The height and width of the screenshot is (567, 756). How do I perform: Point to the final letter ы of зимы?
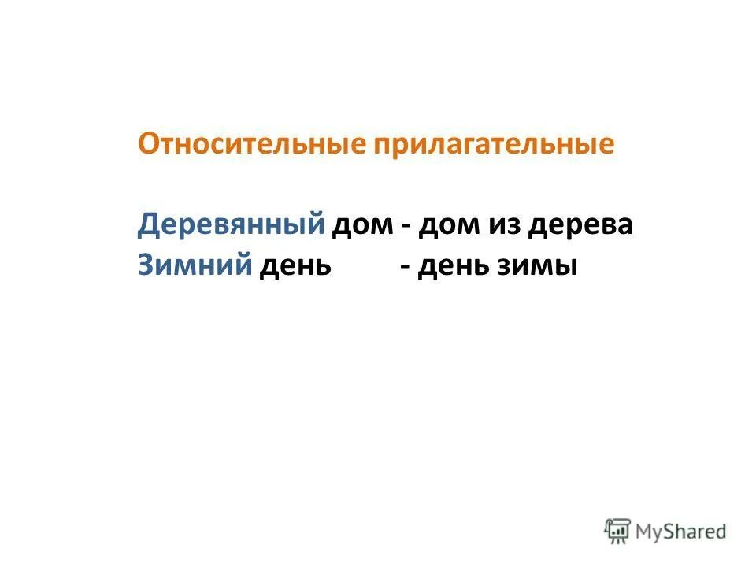[x=568, y=267]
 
